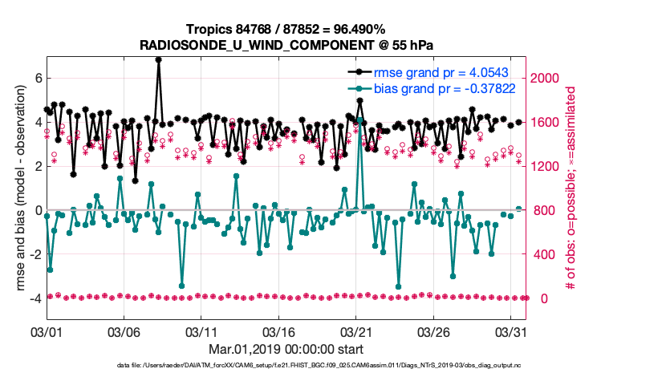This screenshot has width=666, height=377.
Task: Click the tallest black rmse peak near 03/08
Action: point(159,59)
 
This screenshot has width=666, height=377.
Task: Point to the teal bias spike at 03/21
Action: point(360,120)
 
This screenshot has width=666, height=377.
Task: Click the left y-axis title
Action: point(14,188)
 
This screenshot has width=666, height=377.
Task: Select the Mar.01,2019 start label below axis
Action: point(286,350)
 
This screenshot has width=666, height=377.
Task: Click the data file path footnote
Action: point(329,367)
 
